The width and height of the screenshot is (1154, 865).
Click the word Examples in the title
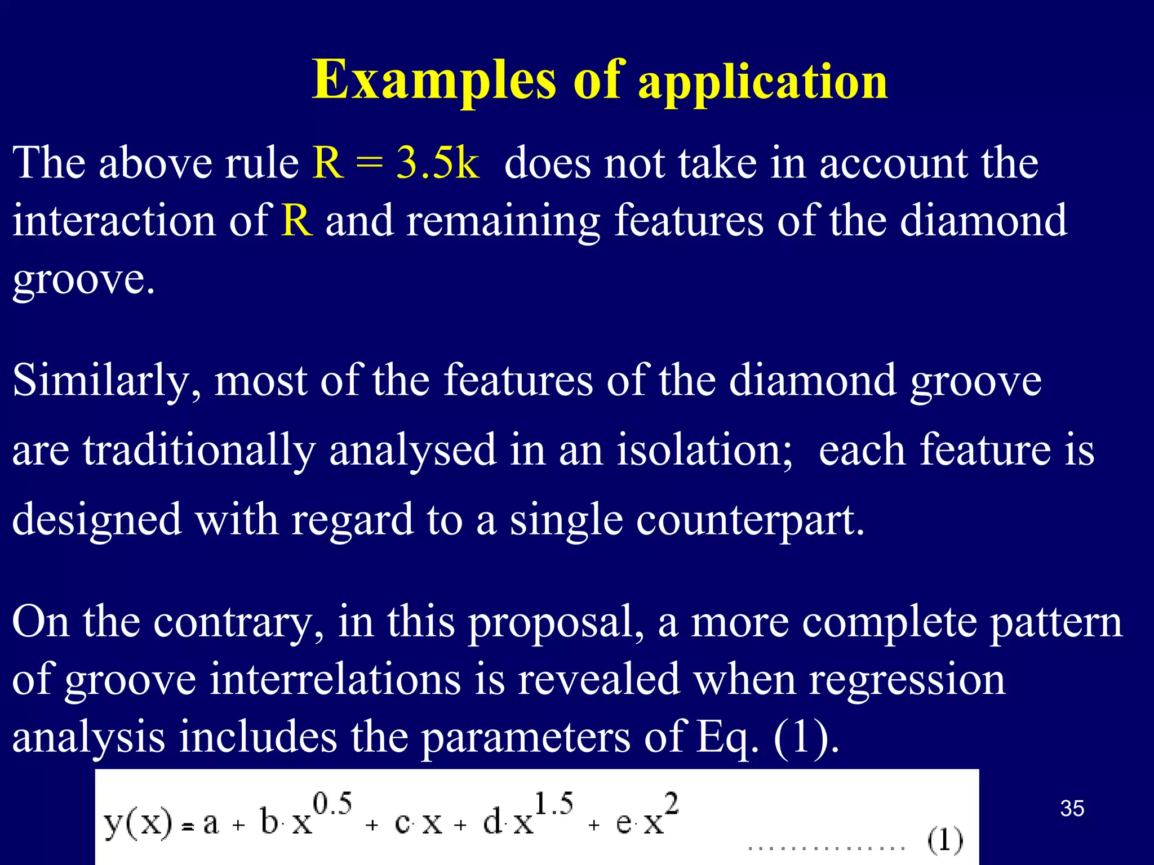[x=434, y=81]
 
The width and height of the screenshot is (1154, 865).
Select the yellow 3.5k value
[x=438, y=163]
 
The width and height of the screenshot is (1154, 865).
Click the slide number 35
[x=1072, y=809]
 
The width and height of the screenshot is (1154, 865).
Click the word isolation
[x=704, y=451]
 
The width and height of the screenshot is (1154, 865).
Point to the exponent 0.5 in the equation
[x=332, y=803]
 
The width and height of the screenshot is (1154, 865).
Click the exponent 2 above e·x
[x=671, y=803]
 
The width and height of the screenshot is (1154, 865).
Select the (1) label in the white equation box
[x=945, y=841]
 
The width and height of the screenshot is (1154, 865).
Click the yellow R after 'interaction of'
[x=297, y=221]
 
